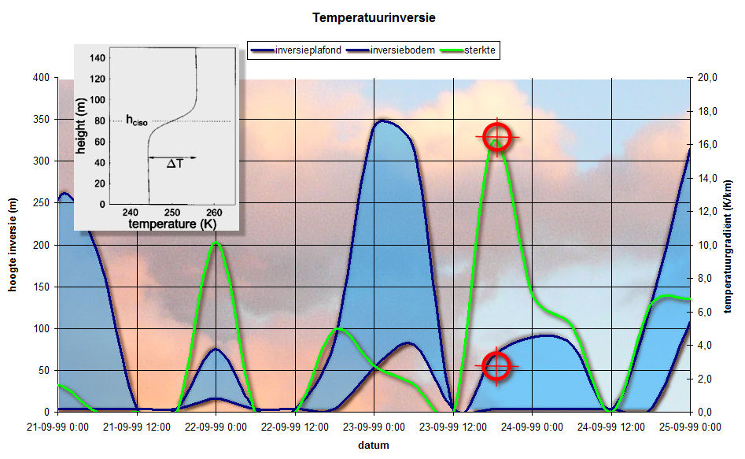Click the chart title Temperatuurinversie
coord(374,18)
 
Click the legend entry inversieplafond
coord(308,50)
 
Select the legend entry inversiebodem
coord(403,50)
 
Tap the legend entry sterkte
coord(479,50)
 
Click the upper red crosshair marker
coord(497,137)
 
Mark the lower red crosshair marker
coord(496,366)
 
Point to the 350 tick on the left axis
coord(42,120)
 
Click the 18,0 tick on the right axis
coord(707,111)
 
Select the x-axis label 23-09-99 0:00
coord(374,428)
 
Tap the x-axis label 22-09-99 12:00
coord(294,428)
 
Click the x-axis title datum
coord(374,446)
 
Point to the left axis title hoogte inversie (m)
coord(13,245)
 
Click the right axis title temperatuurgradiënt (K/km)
coord(728,246)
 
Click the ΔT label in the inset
coord(175,164)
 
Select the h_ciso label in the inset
coord(137,120)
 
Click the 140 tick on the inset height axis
coord(98,58)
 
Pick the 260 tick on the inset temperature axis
coord(214,212)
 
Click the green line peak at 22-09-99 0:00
coord(216,242)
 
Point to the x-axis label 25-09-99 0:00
coord(690,428)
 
